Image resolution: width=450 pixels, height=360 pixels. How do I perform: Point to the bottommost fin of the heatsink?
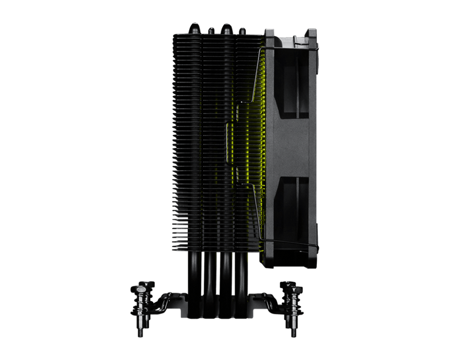(x=216, y=249)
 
